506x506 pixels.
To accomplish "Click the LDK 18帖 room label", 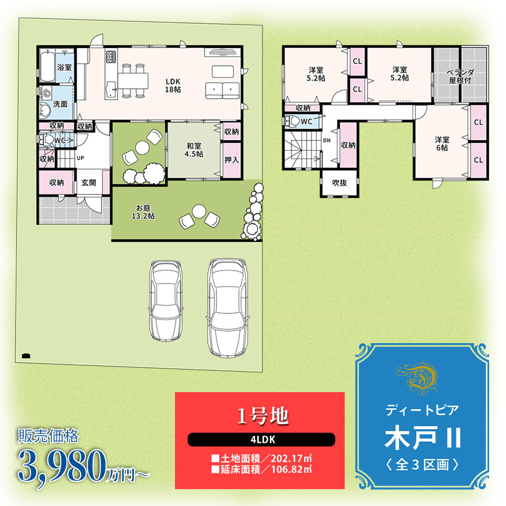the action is (x=173, y=85).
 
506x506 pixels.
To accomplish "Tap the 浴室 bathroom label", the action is (x=64, y=67).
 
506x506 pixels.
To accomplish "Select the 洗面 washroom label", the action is (x=60, y=104).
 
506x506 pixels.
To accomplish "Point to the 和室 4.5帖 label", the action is (x=193, y=150).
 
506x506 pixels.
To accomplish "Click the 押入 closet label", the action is (x=232, y=160).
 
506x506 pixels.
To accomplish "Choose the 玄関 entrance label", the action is (x=89, y=183).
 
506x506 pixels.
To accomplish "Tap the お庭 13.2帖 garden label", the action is (x=143, y=212).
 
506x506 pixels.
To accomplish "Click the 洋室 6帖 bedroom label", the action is (x=442, y=143).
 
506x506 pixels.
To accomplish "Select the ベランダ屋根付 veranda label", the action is (x=460, y=76).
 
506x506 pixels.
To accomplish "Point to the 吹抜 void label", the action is (x=339, y=183).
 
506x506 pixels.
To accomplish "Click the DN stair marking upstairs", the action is (x=327, y=140).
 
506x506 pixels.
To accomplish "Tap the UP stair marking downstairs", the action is (x=80, y=158).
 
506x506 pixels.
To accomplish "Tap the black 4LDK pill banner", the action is (x=261, y=440).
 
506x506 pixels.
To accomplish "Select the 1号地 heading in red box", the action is (x=262, y=416).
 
